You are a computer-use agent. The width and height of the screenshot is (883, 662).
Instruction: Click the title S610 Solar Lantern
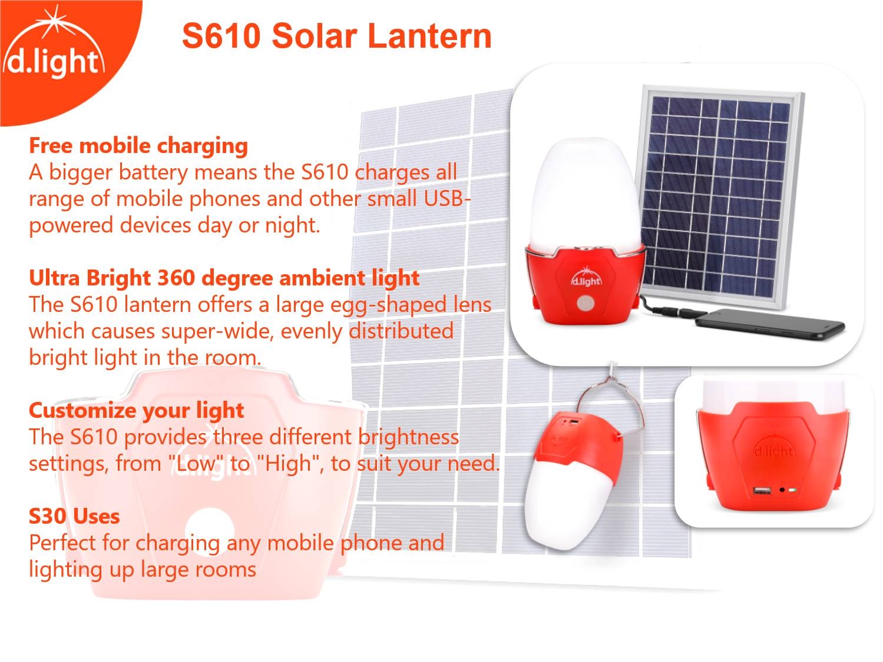(x=337, y=36)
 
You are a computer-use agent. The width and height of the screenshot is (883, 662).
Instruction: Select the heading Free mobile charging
(x=138, y=145)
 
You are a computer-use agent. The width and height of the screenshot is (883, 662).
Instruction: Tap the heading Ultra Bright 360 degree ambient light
(x=224, y=278)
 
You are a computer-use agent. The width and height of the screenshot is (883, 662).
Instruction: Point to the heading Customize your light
(x=137, y=411)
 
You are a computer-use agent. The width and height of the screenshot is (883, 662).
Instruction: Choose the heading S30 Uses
(x=74, y=516)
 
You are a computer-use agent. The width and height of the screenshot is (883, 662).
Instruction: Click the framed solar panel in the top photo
(x=720, y=197)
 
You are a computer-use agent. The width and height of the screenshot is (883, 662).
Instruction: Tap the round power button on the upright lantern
(x=585, y=303)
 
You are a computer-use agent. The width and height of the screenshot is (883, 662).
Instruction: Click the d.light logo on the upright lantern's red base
(x=586, y=277)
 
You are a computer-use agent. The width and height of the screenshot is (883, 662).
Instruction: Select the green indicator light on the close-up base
(x=792, y=490)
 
